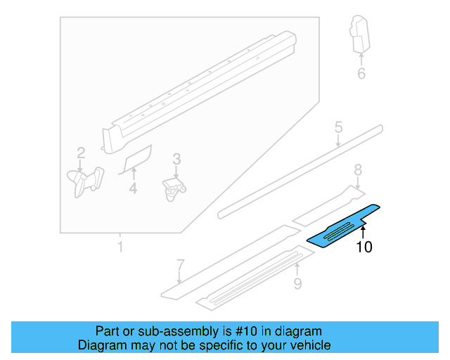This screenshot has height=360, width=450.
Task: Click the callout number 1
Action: pos(120,247)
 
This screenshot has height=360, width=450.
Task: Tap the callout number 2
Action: pos(81,153)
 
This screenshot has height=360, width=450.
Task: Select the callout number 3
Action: pos(176,160)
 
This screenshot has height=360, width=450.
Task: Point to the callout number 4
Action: pos(133,188)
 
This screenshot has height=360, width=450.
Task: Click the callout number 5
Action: pos(338,127)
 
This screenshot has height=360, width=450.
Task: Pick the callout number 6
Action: pos(361,73)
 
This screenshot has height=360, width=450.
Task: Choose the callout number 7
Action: pos(180,265)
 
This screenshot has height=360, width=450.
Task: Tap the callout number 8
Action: pos(357,169)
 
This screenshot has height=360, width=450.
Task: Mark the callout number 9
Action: pos(297,283)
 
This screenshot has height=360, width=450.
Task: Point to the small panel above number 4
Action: pos(138,158)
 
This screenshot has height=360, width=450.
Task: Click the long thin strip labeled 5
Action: pos(302,168)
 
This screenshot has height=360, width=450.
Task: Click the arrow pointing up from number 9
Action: pos(297,269)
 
